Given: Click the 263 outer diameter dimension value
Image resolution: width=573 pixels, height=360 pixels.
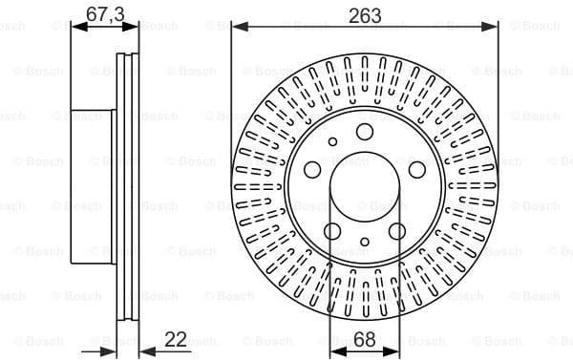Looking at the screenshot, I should pos(364,14).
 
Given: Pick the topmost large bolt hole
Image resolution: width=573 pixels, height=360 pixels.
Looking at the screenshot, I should pos(364,133).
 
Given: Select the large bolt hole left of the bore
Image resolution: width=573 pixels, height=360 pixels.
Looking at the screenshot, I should pos(312,168).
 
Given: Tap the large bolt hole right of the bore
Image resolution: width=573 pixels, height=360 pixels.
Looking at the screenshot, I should pos(416,169).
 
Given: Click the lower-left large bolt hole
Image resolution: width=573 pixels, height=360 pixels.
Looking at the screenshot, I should pos(332,230).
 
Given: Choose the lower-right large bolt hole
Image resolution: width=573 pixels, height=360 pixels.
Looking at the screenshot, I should pos(396,230).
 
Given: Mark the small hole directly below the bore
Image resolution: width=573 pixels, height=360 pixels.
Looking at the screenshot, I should pos(364,243).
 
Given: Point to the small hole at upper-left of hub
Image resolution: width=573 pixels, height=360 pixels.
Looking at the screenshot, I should pos(332,142).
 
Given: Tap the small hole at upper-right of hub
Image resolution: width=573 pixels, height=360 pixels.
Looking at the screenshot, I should pos(396,142).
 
